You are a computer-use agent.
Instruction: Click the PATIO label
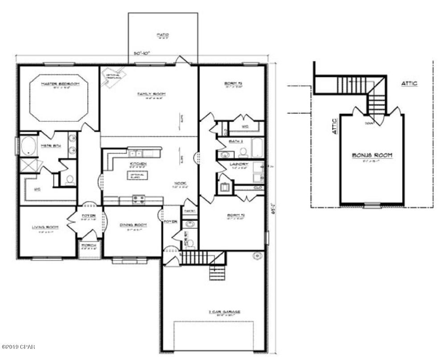(163, 35)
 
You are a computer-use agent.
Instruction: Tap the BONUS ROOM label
(372, 155)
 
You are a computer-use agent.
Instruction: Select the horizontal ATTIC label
(409, 83)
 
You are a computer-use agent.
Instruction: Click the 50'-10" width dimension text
(142, 53)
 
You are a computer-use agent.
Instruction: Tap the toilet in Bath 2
(243, 153)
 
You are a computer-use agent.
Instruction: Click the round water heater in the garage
(257, 256)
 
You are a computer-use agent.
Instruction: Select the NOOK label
(180, 183)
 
